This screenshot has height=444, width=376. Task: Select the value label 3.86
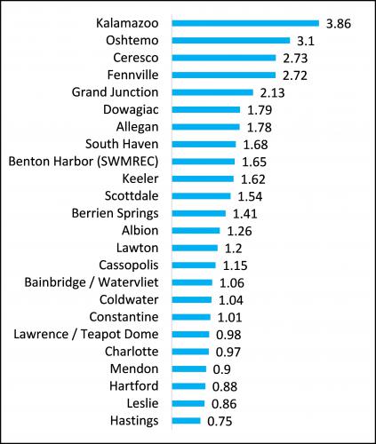pyautogui.click(x=338, y=23)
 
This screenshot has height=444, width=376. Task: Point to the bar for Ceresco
pyautogui.click(x=223, y=58)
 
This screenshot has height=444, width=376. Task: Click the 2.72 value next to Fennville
pyautogui.click(x=294, y=75)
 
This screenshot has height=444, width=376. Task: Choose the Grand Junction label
pyautogui.click(x=115, y=92)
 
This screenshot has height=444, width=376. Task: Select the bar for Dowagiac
pyautogui.click(x=206, y=110)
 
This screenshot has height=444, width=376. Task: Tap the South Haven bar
pyautogui.click(x=204, y=145)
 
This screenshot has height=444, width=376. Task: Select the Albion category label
pyautogui.click(x=141, y=230)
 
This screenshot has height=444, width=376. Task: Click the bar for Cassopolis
pyautogui.click(x=194, y=265)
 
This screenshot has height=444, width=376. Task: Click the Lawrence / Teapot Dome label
pyautogui.click(x=86, y=334)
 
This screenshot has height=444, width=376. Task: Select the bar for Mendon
pyautogui.click(x=189, y=369)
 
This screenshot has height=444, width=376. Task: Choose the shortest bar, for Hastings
pyautogui.click(x=187, y=421)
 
